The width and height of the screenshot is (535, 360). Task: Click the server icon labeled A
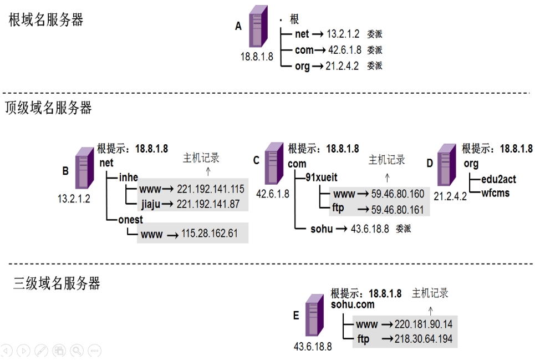(x=258, y=26)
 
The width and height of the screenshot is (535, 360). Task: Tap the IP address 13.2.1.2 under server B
(x=74, y=199)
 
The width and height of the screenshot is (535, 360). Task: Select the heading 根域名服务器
(x=45, y=20)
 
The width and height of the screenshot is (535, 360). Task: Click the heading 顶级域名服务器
(x=48, y=108)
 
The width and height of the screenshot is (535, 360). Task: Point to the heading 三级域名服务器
(x=57, y=283)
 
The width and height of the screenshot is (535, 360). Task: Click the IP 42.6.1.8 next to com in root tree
(x=345, y=50)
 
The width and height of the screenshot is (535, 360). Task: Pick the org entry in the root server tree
(x=302, y=66)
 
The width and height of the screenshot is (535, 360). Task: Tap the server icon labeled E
(x=314, y=315)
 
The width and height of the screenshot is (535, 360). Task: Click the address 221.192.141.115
(x=211, y=189)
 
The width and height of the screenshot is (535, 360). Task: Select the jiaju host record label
(x=150, y=204)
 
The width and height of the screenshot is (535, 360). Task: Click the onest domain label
(x=130, y=220)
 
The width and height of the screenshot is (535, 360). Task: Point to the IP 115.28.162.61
(x=210, y=234)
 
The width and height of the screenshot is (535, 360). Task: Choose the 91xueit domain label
(x=322, y=178)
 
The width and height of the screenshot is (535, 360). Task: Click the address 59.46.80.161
(x=398, y=210)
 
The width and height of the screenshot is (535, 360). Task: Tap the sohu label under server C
(x=322, y=229)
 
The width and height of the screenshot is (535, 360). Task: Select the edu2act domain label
(x=498, y=179)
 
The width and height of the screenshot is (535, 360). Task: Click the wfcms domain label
(x=496, y=193)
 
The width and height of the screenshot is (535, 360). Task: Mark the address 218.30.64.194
(x=424, y=339)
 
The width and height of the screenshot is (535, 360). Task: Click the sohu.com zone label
(x=353, y=305)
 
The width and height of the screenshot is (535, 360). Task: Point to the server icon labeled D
(x=447, y=165)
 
